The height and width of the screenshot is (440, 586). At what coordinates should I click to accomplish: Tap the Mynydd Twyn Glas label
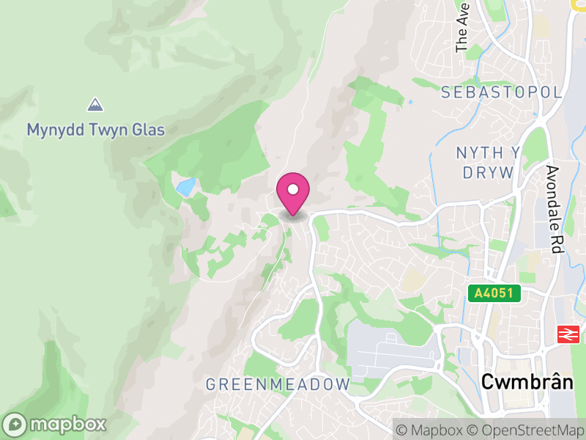point(96,131)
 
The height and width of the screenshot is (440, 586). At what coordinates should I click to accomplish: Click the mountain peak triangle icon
point(94,105)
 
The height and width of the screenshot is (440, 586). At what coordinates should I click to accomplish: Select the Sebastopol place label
point(502,92)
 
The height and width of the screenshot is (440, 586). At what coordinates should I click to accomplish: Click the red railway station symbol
point(567,334)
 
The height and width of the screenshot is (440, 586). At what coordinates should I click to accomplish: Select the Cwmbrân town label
point(526,381)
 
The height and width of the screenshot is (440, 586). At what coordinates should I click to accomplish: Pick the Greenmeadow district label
point(278,384)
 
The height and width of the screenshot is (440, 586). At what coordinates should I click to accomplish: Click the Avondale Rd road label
point(554,210)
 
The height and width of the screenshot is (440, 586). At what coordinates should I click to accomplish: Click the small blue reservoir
point(186,186)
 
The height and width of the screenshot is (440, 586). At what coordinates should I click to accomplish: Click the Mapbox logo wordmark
point(69,425)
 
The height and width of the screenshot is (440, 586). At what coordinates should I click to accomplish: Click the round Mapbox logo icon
point(15,425)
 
